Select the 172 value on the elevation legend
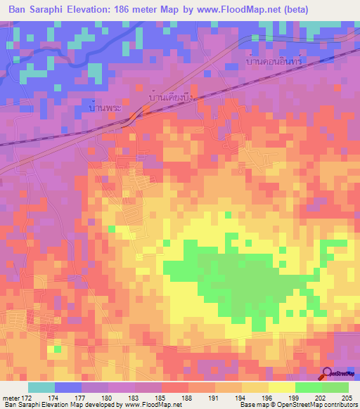click(x=27, y=398)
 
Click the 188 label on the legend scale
click(x=188, y=398)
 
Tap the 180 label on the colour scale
click(x=108, y=398)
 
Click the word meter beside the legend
click(x=10, y=398)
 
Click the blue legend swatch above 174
click(x=67, y=387)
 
